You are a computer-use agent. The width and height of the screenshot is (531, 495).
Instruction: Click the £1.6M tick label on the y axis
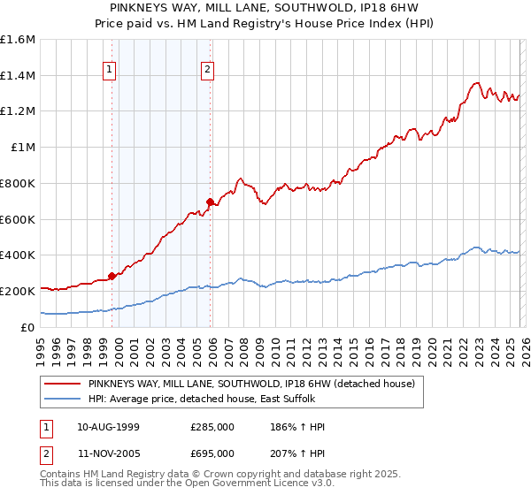tap(18, 40)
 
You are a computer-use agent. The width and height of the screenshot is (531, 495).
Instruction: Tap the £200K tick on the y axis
tap(18, 291)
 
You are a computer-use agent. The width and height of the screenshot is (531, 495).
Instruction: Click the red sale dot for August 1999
tap(112, 276)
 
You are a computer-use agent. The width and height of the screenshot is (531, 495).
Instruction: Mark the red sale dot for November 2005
tap(210, 202)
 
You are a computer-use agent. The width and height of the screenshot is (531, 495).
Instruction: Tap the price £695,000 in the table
tap(212, 453)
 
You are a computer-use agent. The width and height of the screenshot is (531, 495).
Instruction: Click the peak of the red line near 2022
tap(476, 83)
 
